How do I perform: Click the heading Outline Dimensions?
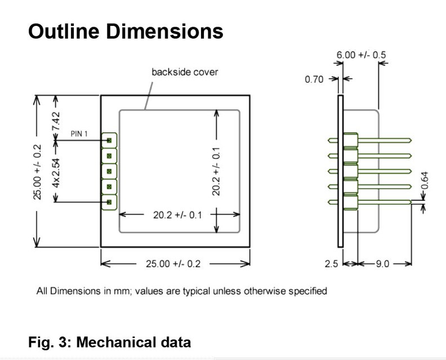pyautogui.click(x=126, y=31)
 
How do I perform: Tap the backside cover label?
pyautogui.click(x=184, y=72)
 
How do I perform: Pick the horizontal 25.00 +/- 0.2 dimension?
pyautogui.click(x=173, y=264)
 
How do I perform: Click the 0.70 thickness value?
pyautogui.click(x=314, y=79)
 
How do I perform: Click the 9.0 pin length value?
pyautogui.click(x=382, y=264)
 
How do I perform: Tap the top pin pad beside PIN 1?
pyautogui.click(x=109, y=139)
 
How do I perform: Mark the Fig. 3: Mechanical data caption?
pyautogui.click(x=109, y=341)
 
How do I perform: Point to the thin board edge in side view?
pyautogui.click(x=340, y=170)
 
